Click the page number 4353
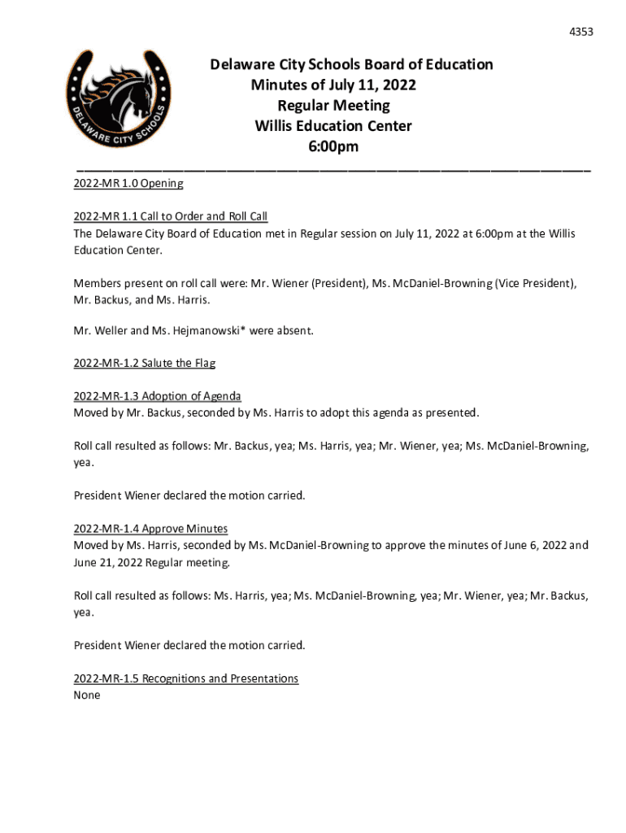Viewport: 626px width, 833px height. [580, 32]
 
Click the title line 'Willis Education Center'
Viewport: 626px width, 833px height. [333, 126]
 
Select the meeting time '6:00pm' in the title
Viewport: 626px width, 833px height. [333, 147]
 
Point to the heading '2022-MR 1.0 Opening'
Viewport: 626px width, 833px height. [128, 184]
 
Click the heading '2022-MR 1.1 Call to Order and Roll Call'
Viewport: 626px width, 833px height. [170, 216]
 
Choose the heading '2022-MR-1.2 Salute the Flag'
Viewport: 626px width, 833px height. [144, 364]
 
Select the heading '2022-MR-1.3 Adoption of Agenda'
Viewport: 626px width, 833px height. [157, 396]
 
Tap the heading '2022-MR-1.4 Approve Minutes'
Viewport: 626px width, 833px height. [150, 529]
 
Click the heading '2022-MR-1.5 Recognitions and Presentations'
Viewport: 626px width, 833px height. [185, 678]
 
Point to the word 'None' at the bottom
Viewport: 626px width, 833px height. [87, 696]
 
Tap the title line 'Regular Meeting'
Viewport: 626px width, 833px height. [333, 106]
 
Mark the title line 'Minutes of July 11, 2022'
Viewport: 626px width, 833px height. [333, 85]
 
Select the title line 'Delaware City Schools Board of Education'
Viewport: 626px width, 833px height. [351, 64]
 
